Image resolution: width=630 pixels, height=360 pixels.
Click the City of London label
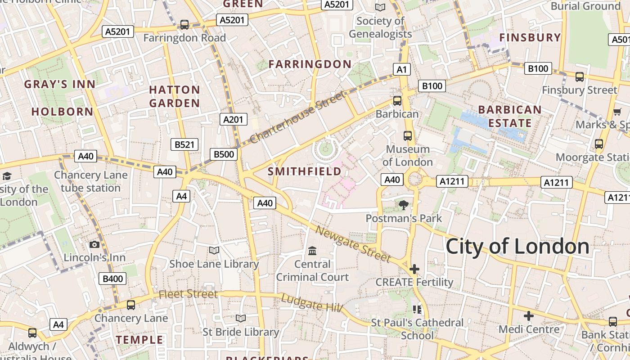click(x=517, y=247)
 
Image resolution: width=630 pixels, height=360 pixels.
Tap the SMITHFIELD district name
click(x=305, y=171)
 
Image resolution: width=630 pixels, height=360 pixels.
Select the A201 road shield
click(x=234, y=119)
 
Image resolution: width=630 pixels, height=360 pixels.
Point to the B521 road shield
click(x=184, y=144)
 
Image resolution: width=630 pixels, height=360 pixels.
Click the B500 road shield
click(x=224, y=154)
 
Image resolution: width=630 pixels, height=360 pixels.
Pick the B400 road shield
click(x=112, y=279)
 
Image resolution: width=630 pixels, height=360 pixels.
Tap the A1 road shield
click(x=402, y=69)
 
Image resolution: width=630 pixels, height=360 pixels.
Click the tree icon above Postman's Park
click(x=404, y=205)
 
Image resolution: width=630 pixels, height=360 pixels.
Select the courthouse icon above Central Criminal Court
click(x=312, y=251)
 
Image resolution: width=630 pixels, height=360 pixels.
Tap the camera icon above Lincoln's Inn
click(x=94, y=244)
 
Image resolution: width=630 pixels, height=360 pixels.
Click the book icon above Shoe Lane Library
click(x=214, y=250)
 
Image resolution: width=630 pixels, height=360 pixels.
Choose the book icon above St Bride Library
click(x=241, y=318)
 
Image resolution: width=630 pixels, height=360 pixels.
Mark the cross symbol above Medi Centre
click(x=529, y=315)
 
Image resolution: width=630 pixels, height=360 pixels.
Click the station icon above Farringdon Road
click(x=184, y=24)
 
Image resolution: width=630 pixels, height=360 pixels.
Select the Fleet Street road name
click(x=188, y=294)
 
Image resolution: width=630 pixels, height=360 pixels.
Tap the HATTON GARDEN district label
click(x=175, y=96)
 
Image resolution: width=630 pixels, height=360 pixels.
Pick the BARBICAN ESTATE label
click(x=510, y=117)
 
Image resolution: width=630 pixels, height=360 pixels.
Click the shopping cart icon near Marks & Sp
click(x=617, y=111)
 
